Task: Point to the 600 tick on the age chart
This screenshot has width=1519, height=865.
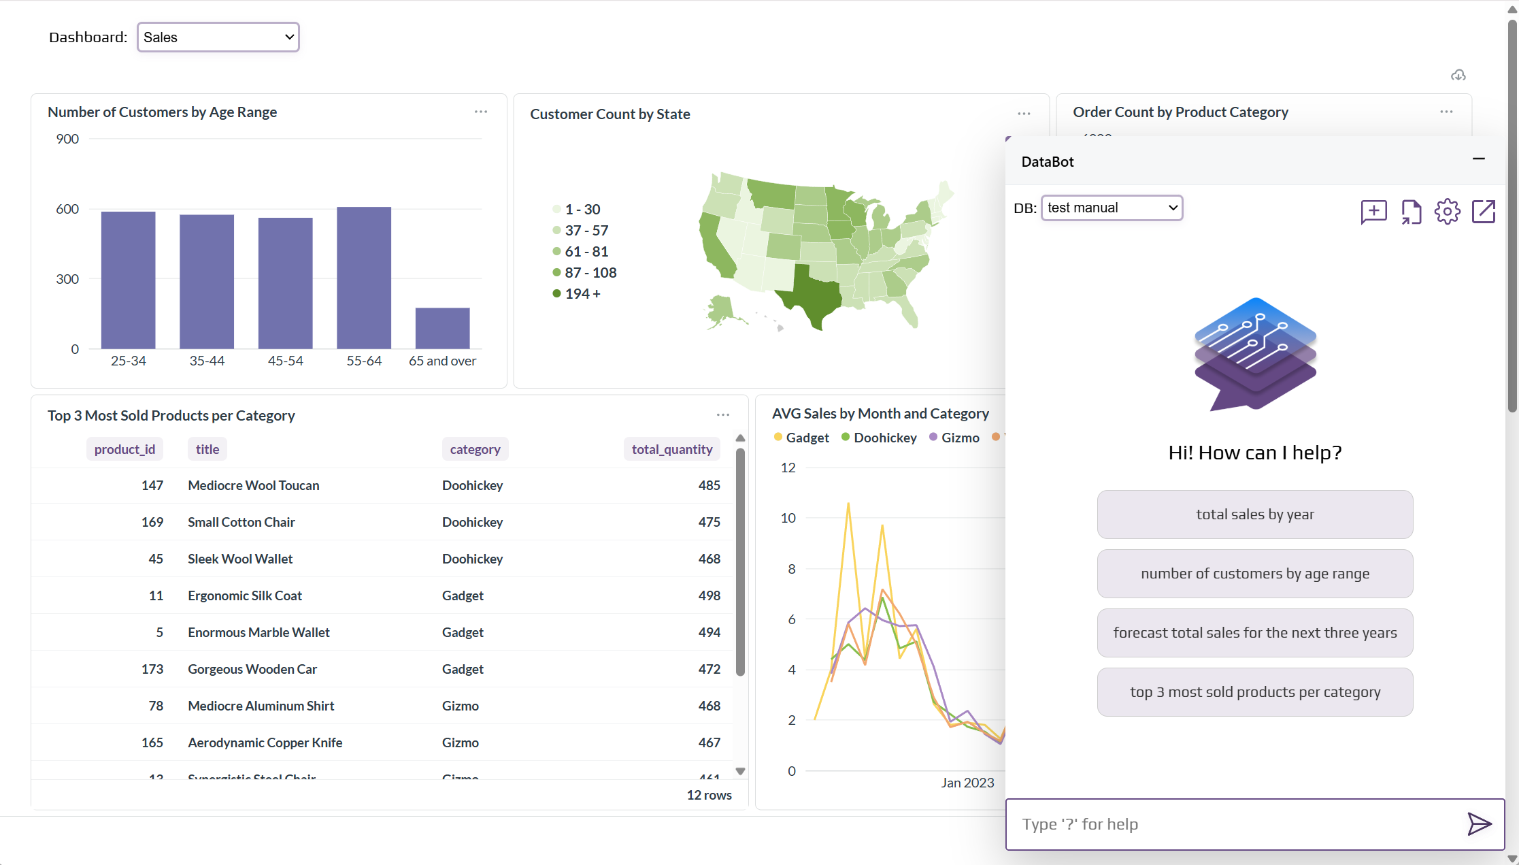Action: tap(67, 209)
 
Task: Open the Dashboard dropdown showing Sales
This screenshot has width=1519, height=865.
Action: tap(218, 37)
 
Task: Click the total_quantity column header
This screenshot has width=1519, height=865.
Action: tap(671, 449)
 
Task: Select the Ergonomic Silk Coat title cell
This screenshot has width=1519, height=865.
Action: tap(245, 595)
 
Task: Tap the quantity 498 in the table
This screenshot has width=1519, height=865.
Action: tap(709, 595)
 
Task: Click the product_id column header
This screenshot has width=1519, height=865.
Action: tap(124, 449)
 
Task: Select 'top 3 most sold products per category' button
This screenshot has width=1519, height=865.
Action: tap(1254, 692)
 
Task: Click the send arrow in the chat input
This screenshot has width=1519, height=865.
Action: tap(1479, 824)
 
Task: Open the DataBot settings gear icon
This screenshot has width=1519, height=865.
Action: tap(1447, 212)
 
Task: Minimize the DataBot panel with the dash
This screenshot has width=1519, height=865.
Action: tap(1478, 159)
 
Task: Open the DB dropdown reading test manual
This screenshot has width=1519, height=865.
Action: tap(1112, 208)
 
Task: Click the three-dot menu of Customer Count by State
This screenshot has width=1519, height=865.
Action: tap(1024, 114)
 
